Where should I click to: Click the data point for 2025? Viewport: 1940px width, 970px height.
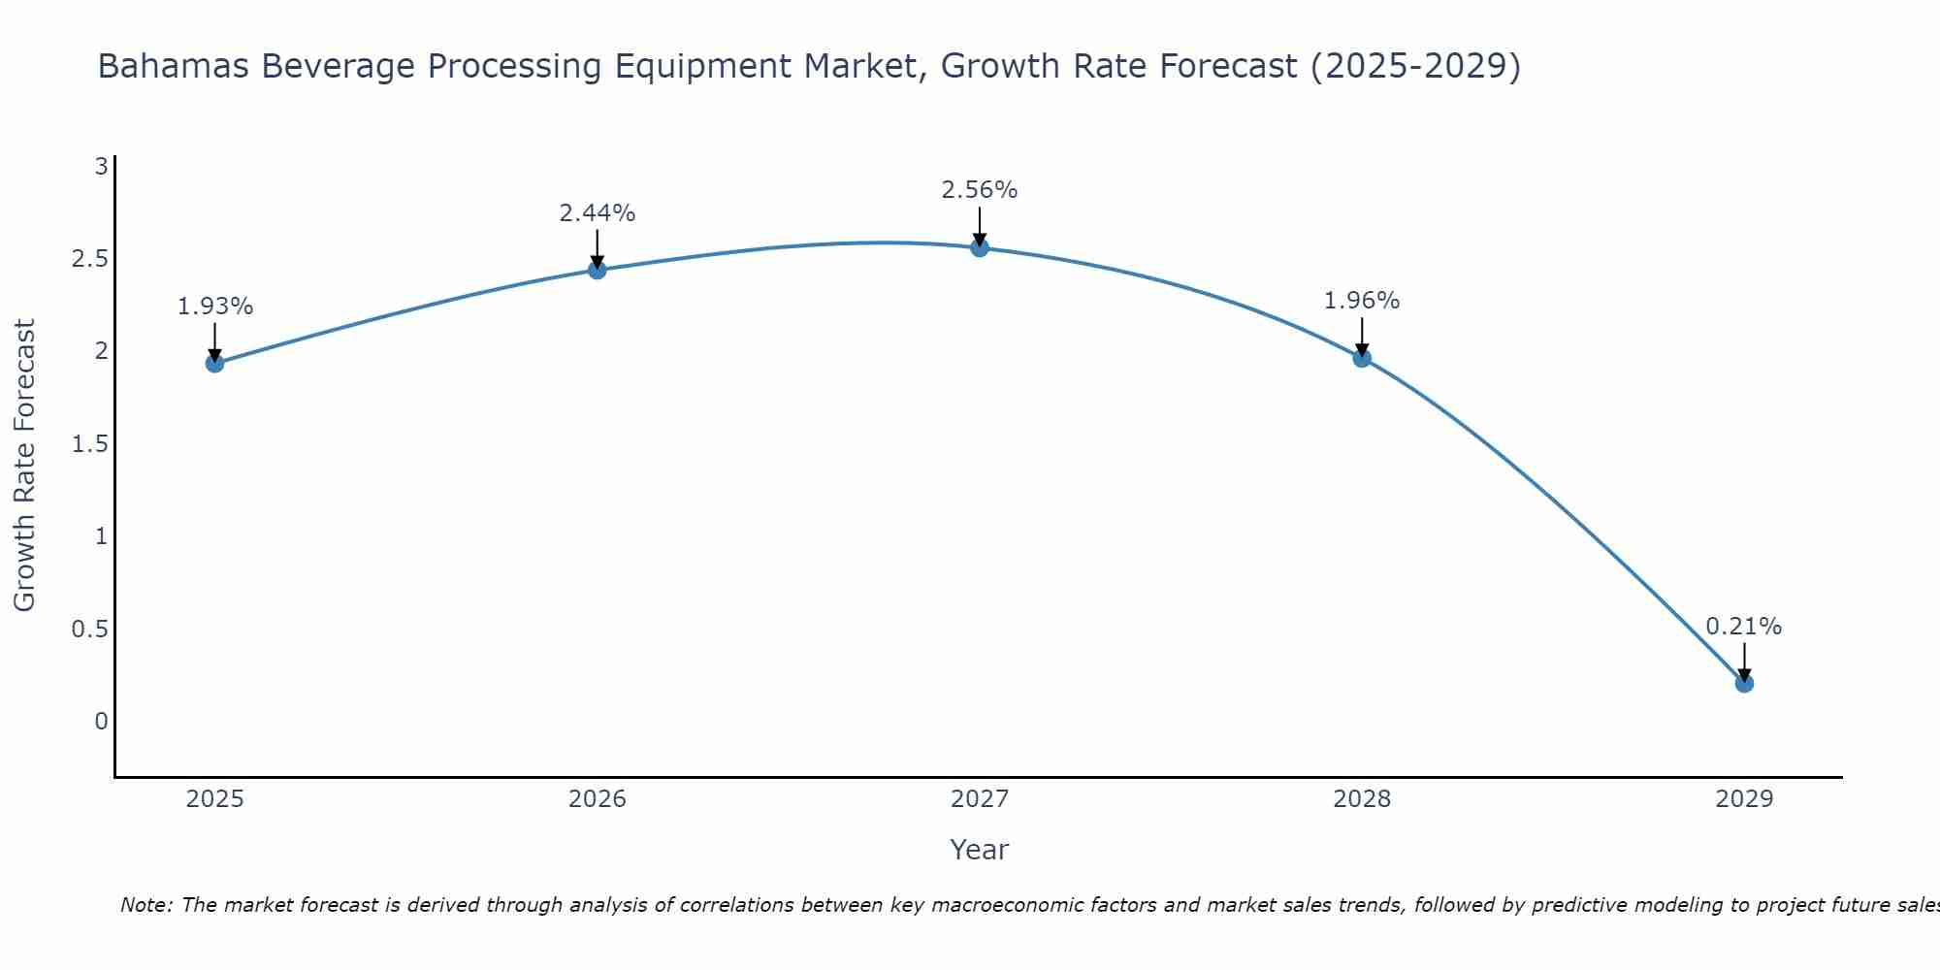[214, 364]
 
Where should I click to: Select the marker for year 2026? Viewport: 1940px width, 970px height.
[598, 270]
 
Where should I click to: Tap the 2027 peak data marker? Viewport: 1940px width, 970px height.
[980, 247]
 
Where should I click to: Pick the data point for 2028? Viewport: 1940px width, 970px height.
[1362, 358]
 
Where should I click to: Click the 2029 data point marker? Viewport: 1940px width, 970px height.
[1744, 683]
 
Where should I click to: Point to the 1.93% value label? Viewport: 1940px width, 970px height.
[214, 307]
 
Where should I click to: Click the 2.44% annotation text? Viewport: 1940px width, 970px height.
[598, 213]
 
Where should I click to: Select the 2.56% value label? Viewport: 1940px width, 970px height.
[980, 190]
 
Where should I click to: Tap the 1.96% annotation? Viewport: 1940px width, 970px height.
[1362, 301]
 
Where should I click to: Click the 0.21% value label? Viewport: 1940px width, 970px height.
[1744, 627]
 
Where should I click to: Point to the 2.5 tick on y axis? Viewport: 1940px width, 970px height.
[90, 259]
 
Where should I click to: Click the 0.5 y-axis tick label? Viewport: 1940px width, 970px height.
[90, 630]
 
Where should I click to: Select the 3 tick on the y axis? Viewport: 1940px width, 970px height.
[101, 167]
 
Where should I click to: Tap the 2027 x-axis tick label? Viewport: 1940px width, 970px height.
[980, 799]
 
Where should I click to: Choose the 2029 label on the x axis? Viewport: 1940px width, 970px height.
[1744, 799]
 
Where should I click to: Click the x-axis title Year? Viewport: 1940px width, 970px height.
[980, 850]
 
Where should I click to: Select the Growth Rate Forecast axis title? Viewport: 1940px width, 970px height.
[24, 466]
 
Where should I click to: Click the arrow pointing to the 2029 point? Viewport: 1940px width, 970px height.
[1744, 663]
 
